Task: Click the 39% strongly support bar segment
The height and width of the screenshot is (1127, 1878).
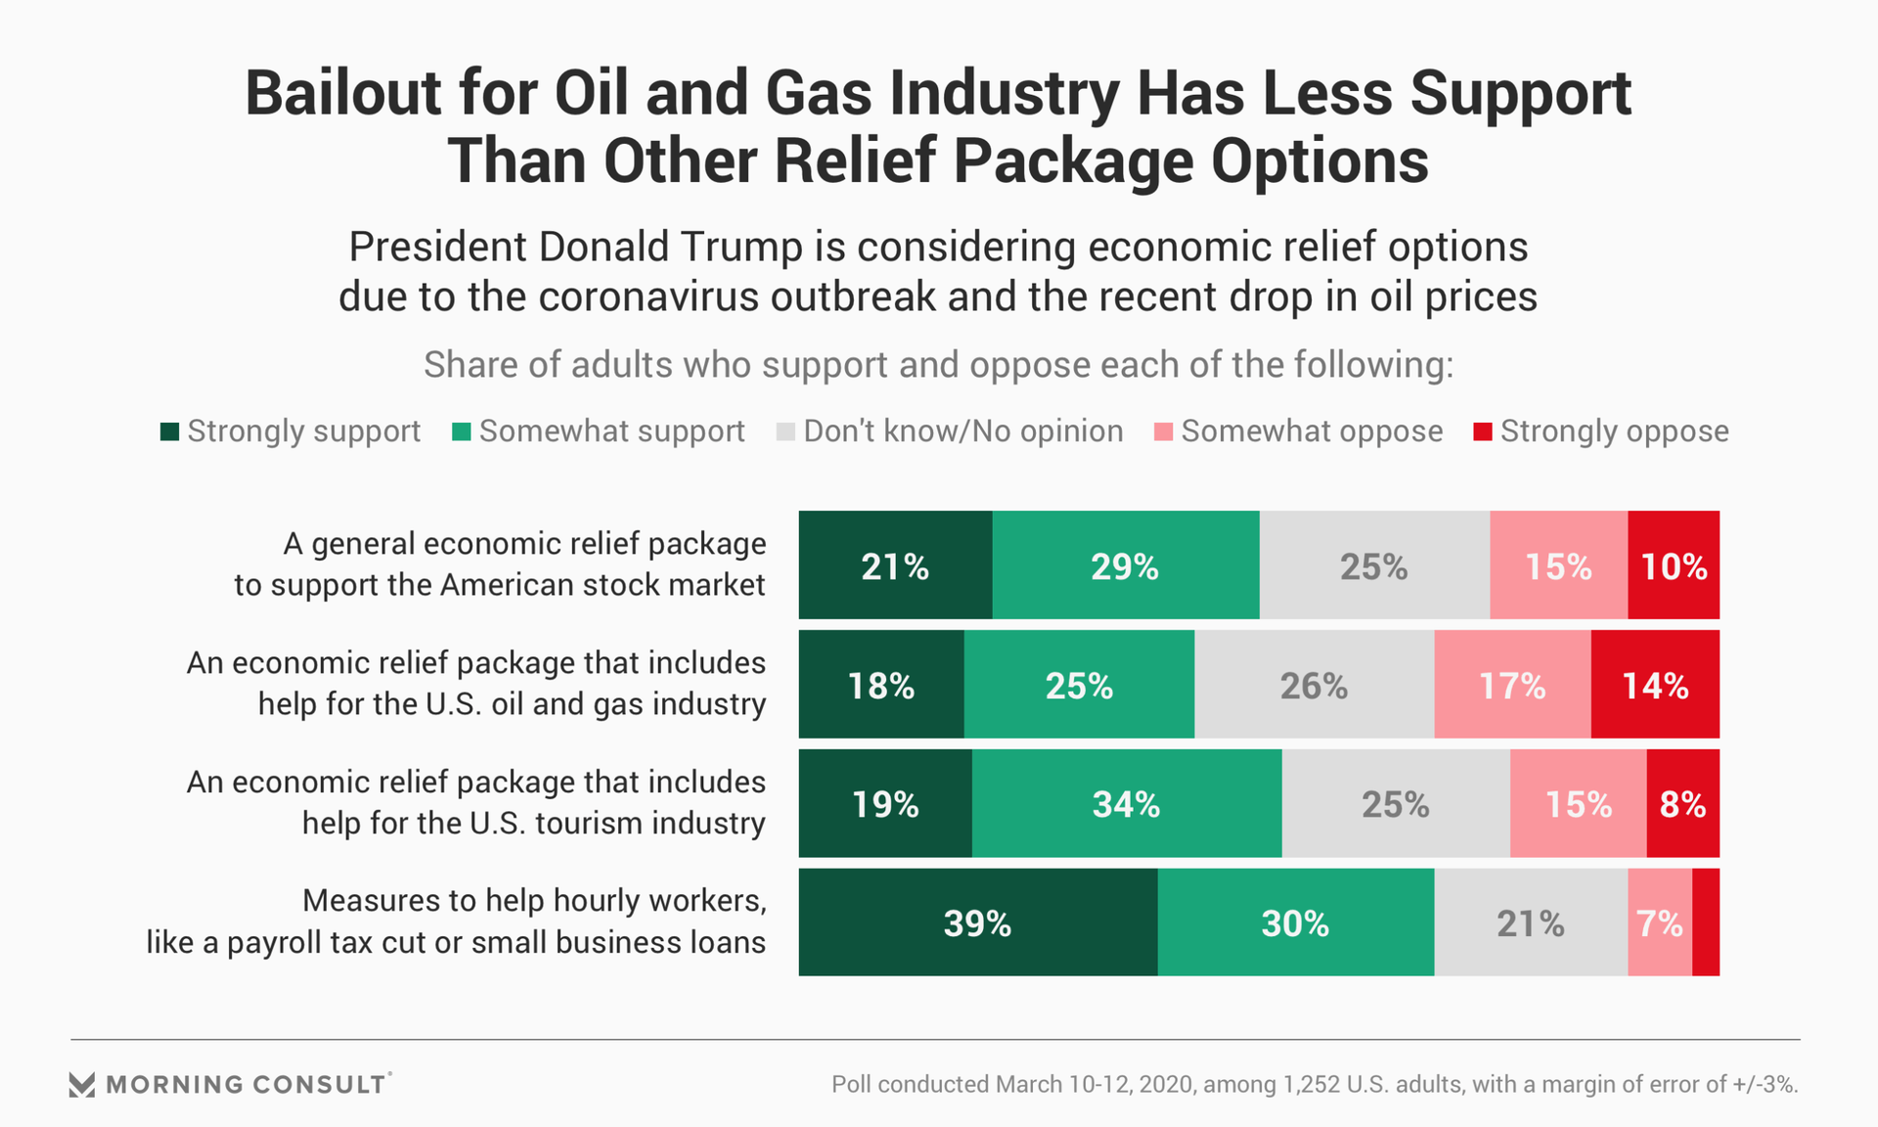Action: (x=978, y=923)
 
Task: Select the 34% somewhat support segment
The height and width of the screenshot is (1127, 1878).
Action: (x=1127, y=804)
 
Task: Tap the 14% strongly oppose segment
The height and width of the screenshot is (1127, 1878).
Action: (x=1655, y=685)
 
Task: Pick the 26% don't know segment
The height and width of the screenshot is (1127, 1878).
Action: (x=1314, y=685)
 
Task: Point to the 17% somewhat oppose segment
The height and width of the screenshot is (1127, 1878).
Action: (x=1512, y=685)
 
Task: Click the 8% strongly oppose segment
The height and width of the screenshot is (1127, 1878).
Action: (x=1682, y=804)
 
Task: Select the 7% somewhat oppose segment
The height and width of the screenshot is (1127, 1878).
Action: (x=1660, y=923)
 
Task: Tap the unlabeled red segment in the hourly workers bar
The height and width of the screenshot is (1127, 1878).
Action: (x=1706, y=923)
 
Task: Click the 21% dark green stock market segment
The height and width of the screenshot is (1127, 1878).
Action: (x=895, y=565)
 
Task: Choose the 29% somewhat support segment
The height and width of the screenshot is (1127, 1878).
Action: (x=1125, y=565)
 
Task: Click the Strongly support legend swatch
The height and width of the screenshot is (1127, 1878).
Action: (x=169, y=431)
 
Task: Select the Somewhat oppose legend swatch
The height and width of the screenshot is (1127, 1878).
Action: (x=1163, y=431)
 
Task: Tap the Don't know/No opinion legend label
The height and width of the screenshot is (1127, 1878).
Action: (x=962, y=431)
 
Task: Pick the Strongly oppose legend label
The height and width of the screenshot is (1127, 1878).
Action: (x=1614, y=431)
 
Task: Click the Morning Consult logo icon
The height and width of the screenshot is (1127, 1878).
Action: (x=82, y=1084)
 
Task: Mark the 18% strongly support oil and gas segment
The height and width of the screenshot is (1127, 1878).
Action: (x=881, y=685)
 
